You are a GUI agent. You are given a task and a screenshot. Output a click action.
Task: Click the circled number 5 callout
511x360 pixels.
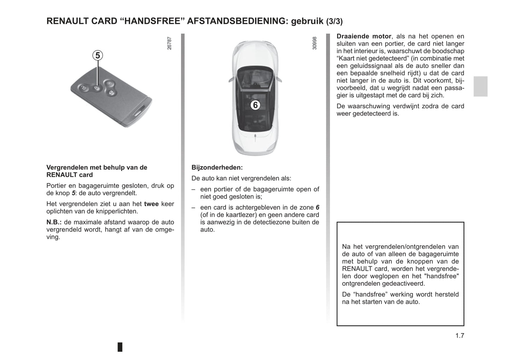point(98,56)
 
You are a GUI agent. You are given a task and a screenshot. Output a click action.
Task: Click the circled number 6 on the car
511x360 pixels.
point(255,105)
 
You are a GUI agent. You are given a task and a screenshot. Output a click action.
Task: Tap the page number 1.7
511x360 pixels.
point(459,336)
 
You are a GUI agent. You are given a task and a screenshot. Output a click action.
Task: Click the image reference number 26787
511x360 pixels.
point(169,43)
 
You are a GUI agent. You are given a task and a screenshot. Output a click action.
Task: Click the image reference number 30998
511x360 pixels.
point(315,43)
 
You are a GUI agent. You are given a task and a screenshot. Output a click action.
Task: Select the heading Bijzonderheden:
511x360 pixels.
point(217,168)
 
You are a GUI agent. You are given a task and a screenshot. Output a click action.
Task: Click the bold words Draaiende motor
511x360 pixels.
point(364,36)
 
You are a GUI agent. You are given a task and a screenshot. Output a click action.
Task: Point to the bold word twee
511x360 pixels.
point(151,204)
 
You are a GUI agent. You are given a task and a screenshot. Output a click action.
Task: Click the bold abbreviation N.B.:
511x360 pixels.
point(54,222)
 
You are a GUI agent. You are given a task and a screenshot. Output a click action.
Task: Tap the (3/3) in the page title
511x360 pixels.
point(334,22)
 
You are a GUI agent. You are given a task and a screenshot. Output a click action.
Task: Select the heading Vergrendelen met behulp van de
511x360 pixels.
point(97,168)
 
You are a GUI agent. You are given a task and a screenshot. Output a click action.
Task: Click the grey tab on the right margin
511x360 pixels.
point(480,86)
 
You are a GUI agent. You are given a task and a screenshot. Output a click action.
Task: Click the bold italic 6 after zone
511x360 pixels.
point(317,208)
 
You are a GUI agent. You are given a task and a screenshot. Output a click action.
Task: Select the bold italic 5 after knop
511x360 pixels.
point(73,193)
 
